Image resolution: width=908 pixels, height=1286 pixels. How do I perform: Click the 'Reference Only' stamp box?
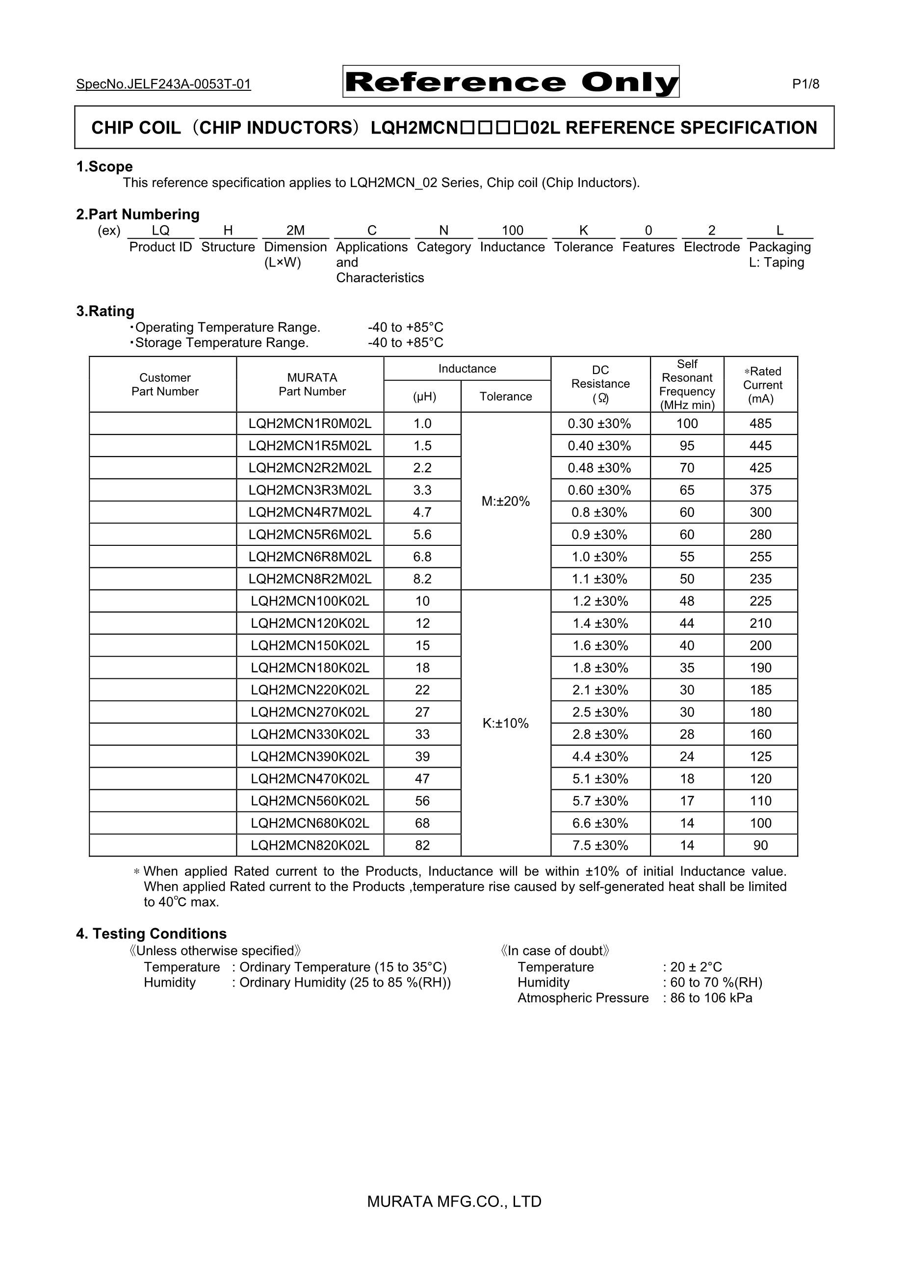[x=511, y=82]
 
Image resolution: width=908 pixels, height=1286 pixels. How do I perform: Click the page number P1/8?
[x=805, y=84]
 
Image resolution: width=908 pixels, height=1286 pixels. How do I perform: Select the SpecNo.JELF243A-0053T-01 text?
[x=163, y=84]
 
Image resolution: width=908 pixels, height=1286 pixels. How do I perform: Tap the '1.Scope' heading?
[x=104, y=166]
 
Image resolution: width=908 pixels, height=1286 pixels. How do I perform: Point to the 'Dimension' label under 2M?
[x=295, y=247]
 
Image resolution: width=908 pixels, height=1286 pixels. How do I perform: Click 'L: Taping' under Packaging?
[x=776, y=262]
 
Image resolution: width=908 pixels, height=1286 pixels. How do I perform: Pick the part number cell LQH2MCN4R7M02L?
[x=310, y=512]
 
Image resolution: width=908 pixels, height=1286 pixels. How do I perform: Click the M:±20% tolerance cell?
[x=505, y=501]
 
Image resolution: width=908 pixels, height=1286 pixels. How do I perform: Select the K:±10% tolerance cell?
[x=505, y=723]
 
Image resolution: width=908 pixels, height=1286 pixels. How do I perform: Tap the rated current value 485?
[x=760, y=424]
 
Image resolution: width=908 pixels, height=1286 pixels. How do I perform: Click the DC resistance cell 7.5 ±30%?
[x=600, y=845]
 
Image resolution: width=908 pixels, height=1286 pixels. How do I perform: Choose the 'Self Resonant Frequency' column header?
[x=687, y=384]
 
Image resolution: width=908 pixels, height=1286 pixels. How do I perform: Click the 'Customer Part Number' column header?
[x=165, y=384]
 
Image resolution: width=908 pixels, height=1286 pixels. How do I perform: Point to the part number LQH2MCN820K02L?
[x=310, y=845]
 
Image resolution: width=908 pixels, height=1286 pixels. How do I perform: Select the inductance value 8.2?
[x=422, y=579]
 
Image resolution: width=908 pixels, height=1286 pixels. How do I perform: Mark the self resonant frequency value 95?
[x=687, y=446]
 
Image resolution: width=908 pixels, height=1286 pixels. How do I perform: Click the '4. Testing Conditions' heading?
[x=151, y=934]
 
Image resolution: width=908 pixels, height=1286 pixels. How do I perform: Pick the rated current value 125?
[x=760, y=757]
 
